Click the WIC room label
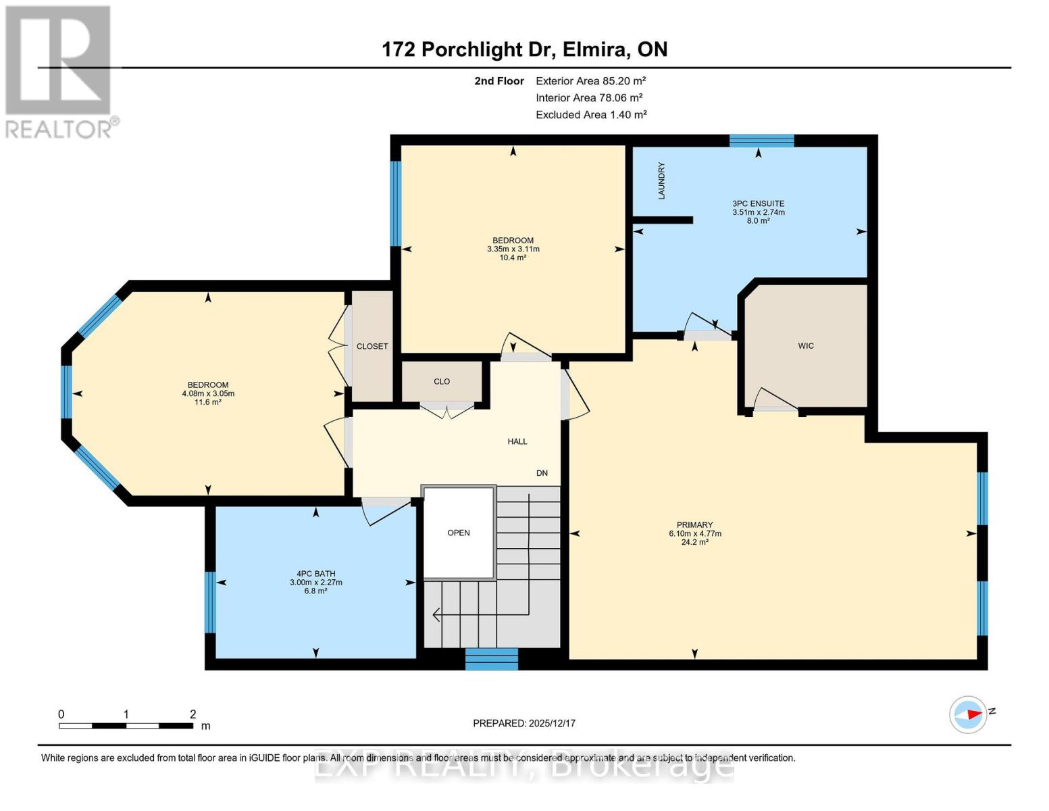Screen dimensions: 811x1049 tap(806, 346)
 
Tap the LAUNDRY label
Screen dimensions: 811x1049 tap(661, 180)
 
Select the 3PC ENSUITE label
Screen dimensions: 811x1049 tap(758, 203)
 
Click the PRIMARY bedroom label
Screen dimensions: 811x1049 tap(694, 525)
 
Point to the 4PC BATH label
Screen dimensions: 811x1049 tap(315, 574)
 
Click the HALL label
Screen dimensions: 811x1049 tap(517, 441)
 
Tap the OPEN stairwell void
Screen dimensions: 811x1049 tap(459, 533)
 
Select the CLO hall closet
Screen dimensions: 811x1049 tap(442, 382)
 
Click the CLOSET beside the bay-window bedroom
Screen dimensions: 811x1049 tap(372, 346)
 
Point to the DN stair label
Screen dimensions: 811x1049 tap(542, 473)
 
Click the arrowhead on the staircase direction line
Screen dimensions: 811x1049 tap(436, 614)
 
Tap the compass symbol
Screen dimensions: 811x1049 tap(969, 714)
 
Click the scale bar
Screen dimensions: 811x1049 tap(126, 726)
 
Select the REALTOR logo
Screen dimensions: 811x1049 tap(59, 71)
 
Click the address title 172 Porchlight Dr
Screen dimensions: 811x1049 tap(524, 49)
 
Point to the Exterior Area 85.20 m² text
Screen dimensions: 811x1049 tap(590, 81)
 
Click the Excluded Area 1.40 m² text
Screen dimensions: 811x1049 tap(591, 115)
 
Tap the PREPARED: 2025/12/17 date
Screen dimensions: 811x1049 tap(523, 723)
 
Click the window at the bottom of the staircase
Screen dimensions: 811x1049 tap(492, 659)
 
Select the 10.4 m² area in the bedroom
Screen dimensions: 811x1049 tap(513, 257)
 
